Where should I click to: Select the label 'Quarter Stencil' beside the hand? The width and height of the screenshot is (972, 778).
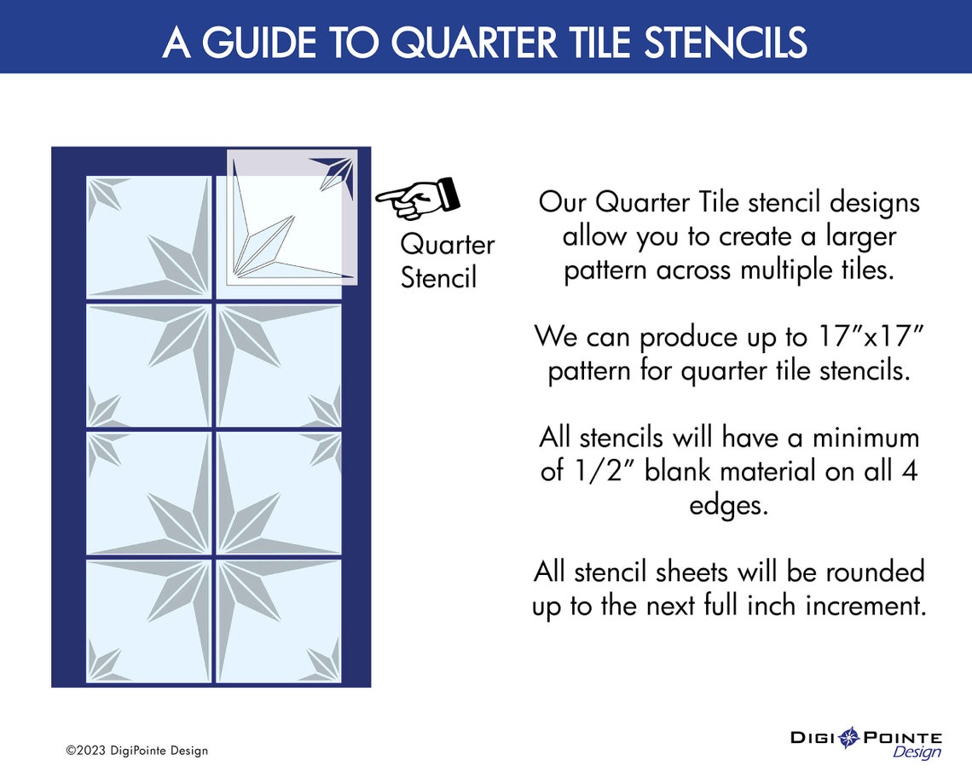point(447,261)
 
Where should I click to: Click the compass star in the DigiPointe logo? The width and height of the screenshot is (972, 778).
point(849,738)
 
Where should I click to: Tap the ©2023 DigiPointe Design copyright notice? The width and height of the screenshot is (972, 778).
point(137,751)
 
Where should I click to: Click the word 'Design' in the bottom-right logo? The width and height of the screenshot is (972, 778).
point(917,752)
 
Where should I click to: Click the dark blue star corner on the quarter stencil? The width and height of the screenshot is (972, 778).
point(337,171)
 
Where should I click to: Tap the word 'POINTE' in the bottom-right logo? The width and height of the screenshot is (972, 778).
point(903,737)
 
